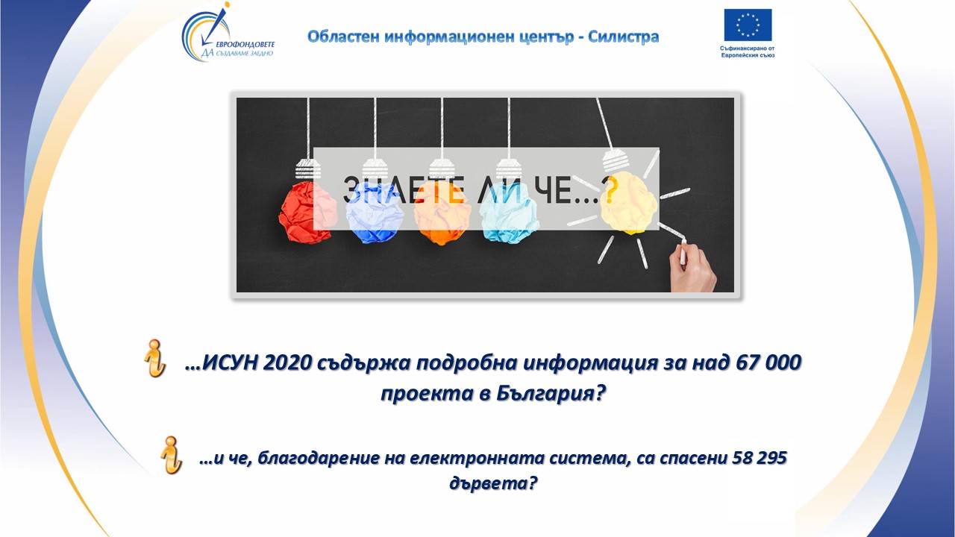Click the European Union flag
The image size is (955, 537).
(748, 25)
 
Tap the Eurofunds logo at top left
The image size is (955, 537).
(228, 32)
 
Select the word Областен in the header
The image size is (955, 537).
(343, 37)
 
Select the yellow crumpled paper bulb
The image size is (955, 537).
(628, 203)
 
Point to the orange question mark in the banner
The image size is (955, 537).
(610, 190)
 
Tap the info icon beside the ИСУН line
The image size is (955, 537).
(154, 358)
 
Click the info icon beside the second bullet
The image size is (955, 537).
(171, 455)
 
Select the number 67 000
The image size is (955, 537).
(768, 362)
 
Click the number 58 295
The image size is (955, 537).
(760, 458)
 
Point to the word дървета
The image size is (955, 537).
(493, 484)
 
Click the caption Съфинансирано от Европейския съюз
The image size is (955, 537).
(748, 52)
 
